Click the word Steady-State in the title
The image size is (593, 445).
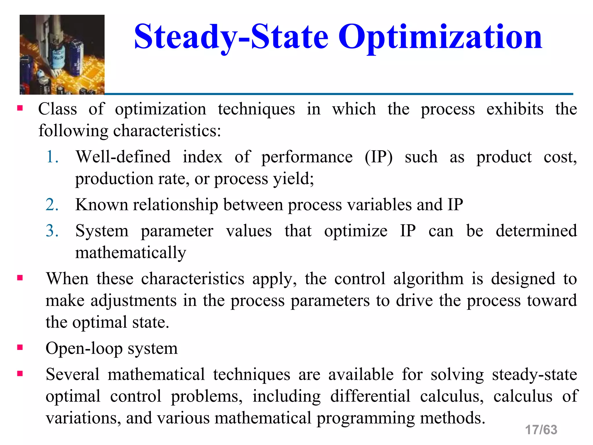[231, 37]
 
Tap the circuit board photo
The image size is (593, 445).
[62, 54]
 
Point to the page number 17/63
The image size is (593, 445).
[541, 430]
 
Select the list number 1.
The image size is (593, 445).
[52, 157]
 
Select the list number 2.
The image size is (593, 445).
[52, 205]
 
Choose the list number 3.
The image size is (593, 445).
[52, 231]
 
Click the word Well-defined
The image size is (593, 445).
[123, 157]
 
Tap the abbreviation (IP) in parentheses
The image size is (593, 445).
[378, 157]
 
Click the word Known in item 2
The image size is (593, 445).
[101, 205]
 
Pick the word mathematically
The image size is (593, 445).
[131, 253]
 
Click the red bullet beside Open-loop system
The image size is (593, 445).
[20, 347]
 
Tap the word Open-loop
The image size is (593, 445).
[84, 349]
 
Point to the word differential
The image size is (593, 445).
[370, 396]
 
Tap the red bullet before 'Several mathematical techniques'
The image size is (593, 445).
[20, 374]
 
